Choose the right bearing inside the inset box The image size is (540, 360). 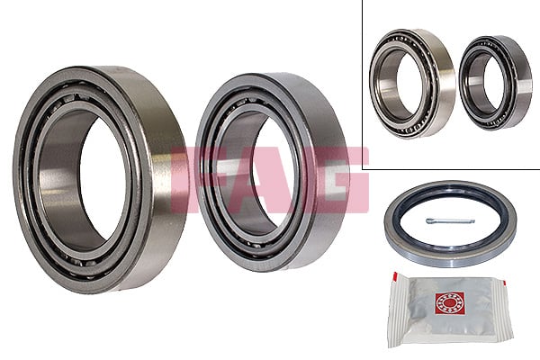[x=495, y=83]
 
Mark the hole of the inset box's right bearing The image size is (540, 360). [x=486, y=84]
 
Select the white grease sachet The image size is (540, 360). [x=441, y=310]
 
